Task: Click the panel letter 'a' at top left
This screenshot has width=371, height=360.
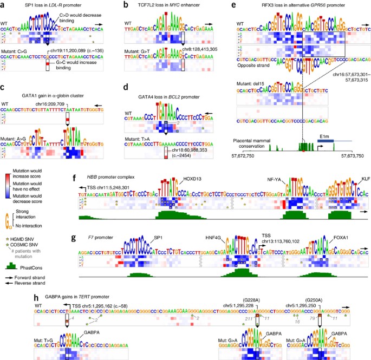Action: pos(4,4)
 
